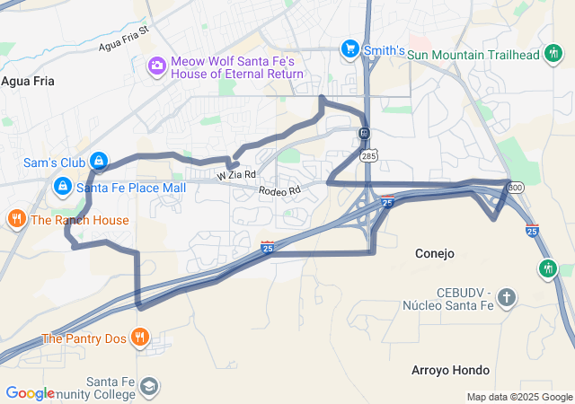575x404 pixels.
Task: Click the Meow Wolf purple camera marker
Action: tap(157, 65)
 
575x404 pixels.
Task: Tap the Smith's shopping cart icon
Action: tap(349, 48)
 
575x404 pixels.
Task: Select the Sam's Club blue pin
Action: tap(100, 162)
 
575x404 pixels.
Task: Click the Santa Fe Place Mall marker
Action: tap(63, 187)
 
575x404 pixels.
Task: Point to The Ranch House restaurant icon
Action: tap(16, 219)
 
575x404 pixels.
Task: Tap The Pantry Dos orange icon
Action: tap(139, 338)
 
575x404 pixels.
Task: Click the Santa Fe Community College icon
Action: tap(148, 387)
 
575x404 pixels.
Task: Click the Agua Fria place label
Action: tap(28, 81)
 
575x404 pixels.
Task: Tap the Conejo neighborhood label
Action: tap(435, 253)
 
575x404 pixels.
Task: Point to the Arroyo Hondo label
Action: tap(450, 370)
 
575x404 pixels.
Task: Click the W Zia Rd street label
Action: tap(235, 175)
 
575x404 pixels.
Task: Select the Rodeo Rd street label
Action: tap(279, 190)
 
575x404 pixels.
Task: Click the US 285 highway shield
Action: tap(370, 154)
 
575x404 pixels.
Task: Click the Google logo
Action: tap(30, 393)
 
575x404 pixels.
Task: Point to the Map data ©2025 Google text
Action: tap(519, 397)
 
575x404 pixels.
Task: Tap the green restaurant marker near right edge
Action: tap(548, 268)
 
